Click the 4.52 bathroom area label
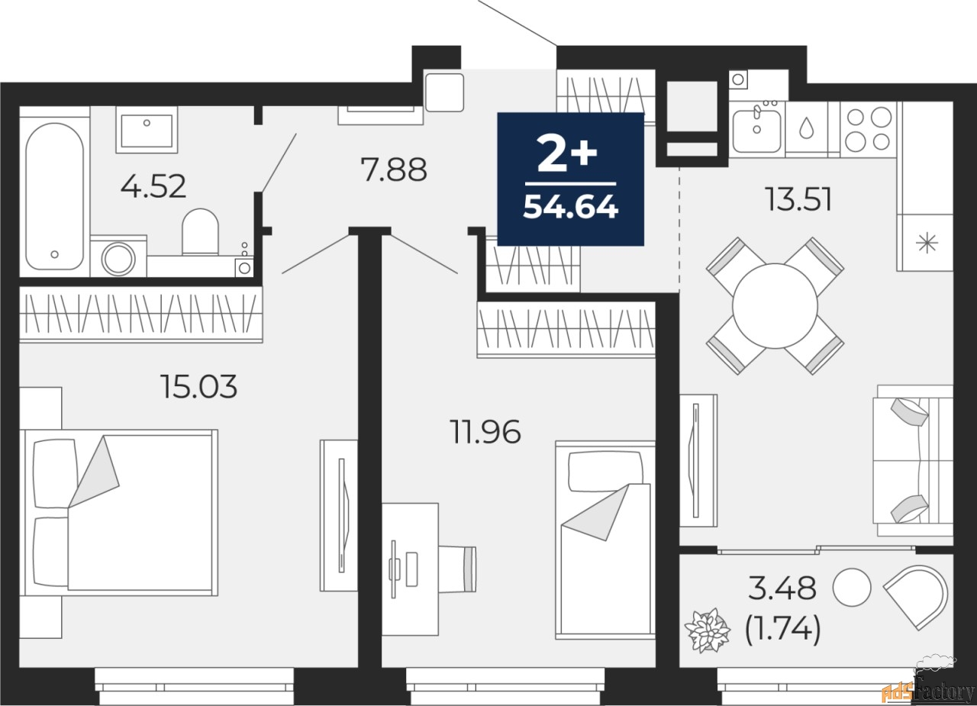pos(153,185)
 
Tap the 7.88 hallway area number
pos(394,169)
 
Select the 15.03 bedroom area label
pos(198,387)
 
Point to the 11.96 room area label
pos(485,433)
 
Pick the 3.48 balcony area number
pos(782,588)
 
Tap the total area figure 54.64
pos(570,207)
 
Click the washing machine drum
pos(118,259)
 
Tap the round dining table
pos(775,305)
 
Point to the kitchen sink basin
pos(756,130)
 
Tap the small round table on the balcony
pos(851,586)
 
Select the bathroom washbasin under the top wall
pos(146,128)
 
